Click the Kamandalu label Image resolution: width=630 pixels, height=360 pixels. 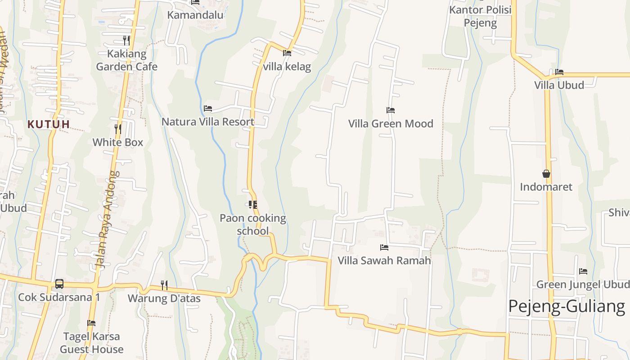195,15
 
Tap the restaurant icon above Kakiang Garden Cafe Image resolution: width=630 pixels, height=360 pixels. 126,40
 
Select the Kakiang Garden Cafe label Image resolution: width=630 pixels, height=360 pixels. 127,60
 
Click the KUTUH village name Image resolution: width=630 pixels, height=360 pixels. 49,124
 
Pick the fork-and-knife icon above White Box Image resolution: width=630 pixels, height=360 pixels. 117,129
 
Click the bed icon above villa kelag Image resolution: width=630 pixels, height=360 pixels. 287,53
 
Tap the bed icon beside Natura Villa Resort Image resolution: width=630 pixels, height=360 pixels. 208,108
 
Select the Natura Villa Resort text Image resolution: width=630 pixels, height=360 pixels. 208,121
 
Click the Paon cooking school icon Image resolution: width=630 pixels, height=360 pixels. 253,205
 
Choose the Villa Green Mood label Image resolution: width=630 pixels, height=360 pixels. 391,123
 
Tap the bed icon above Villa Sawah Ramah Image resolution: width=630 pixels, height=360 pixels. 384,247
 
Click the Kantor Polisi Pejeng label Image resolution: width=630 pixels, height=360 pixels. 481,16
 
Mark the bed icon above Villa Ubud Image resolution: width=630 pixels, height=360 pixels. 559,72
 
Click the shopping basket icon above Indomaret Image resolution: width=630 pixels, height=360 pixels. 546,174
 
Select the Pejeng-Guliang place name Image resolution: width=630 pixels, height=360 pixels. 567,306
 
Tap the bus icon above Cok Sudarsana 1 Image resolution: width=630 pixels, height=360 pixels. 59,283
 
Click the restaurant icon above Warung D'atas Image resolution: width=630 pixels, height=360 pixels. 164,285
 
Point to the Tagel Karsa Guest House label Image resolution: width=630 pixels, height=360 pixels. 92,343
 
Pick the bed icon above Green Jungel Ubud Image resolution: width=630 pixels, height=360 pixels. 583,271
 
